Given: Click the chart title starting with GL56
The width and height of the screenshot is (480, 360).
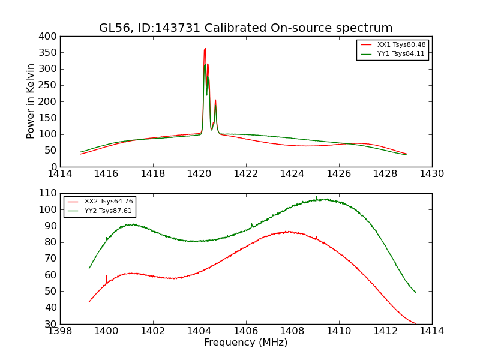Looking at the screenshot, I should pos(246,28).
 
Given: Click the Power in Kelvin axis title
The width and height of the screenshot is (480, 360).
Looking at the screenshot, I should pos(31,101).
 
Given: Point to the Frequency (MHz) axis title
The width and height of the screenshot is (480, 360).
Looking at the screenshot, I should pos(246,343).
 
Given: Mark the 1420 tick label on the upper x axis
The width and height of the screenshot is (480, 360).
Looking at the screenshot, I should pos(199,174).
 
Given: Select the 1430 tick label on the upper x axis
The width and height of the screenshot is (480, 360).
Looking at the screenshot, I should pos(431,174).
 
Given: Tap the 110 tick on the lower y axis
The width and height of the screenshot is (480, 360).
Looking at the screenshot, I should pos(48,194).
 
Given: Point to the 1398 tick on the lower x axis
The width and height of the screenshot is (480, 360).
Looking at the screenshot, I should pos(60,331).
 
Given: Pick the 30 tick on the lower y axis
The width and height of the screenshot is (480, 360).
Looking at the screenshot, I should pos(51,324).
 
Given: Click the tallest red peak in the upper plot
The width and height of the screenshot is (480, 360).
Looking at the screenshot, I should pos(205,49).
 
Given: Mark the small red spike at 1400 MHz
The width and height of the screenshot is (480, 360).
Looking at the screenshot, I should pos(107,276).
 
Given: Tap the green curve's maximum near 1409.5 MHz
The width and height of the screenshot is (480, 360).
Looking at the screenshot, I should pos(325,199).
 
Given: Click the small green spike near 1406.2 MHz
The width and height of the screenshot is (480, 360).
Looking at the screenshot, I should pos(251,224).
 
